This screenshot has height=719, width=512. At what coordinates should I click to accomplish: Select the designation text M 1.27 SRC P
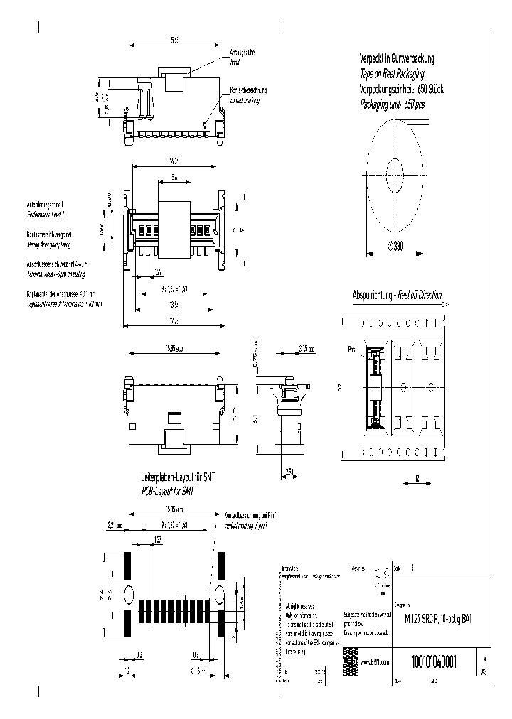[x=422, y=617]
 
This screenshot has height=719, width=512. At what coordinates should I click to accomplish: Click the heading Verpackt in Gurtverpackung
[x=396, y=60]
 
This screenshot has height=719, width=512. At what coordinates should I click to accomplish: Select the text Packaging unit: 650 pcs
[x=392, y=104]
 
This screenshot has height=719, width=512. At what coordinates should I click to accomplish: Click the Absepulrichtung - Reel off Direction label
[x=397, y=294]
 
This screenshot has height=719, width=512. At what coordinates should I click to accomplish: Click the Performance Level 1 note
[x=45, y=213]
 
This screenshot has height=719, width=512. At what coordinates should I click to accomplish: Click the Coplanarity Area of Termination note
[x=60, y=303]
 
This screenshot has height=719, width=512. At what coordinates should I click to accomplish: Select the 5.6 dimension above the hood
[x=174, y=178]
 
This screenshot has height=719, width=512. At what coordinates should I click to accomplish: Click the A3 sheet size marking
[x=484, y=670]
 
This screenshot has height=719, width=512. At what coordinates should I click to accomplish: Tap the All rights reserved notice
[x=299, y=605]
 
